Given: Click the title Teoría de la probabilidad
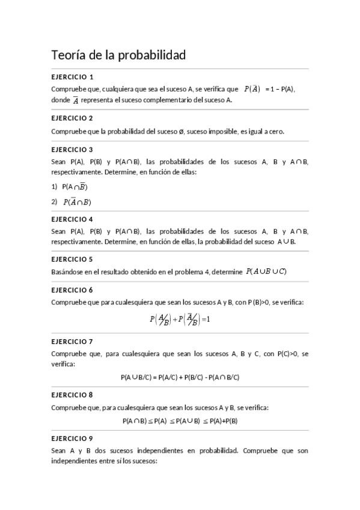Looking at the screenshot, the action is pyautogui.click(x=119, y=55).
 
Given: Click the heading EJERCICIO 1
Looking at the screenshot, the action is pyautogui.click(x=72, y=77).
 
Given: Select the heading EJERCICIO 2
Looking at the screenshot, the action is pyautogui.click(x=72, y=118).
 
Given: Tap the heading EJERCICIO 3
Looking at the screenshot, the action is pyautogui.click(x=72, y=150).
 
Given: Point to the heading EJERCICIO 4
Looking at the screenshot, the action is pyautogui.click(x=72, y=220).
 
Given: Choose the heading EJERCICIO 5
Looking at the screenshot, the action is pyautogui.click(x=72, y=260).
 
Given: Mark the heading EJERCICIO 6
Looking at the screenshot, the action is pyautogui.click(x=72, y=290).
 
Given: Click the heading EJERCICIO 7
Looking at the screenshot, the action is pyautogui.click(x=72, y=342).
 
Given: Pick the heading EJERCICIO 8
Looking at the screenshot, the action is pyautogui.click(x=72, y=395).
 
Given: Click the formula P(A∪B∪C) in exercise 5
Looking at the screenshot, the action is pyautogui.click(x=266, y=271).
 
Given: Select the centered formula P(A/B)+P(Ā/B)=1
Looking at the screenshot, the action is pyautogui.click(x=180, y=319).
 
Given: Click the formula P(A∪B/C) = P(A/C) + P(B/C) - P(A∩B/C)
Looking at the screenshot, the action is pyautogui.click(x=180, y=378).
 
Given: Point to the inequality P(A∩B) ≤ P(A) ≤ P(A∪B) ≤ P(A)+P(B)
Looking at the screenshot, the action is pyautogui.click(x=180, y=421).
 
